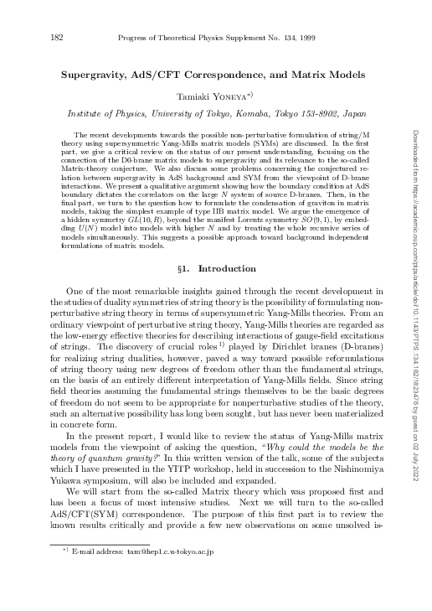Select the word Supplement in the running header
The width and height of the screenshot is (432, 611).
click(x=226, y=37)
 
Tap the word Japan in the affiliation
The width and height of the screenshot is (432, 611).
click(x=352, y=112)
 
